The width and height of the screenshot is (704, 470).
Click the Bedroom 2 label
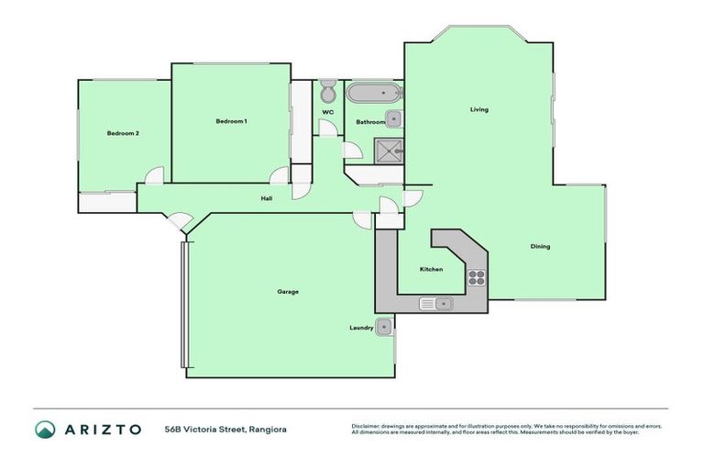tap(123, 134)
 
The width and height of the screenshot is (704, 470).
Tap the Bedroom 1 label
tap(231, 122)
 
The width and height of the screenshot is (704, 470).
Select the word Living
tap(479, 110)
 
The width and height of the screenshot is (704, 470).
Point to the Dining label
tap(540, 246)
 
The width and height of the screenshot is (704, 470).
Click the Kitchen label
tap(432, 269)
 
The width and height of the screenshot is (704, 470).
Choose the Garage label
tap(288, 292)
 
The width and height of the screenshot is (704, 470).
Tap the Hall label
tap(266, 197)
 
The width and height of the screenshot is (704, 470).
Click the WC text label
tap(327, 113)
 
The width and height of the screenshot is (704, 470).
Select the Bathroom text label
tap(370, 122)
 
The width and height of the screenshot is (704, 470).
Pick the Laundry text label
tap(360, 328)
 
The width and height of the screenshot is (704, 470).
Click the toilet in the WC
tap(328, 94)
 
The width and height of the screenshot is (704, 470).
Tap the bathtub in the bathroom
tap(373, 93)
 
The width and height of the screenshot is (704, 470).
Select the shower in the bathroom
tap(389, 151)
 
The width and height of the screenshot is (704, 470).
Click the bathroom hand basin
tap(393, 117)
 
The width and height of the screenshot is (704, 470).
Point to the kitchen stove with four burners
tap(478, 276)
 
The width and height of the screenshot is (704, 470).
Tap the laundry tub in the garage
tap(385, 325)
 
